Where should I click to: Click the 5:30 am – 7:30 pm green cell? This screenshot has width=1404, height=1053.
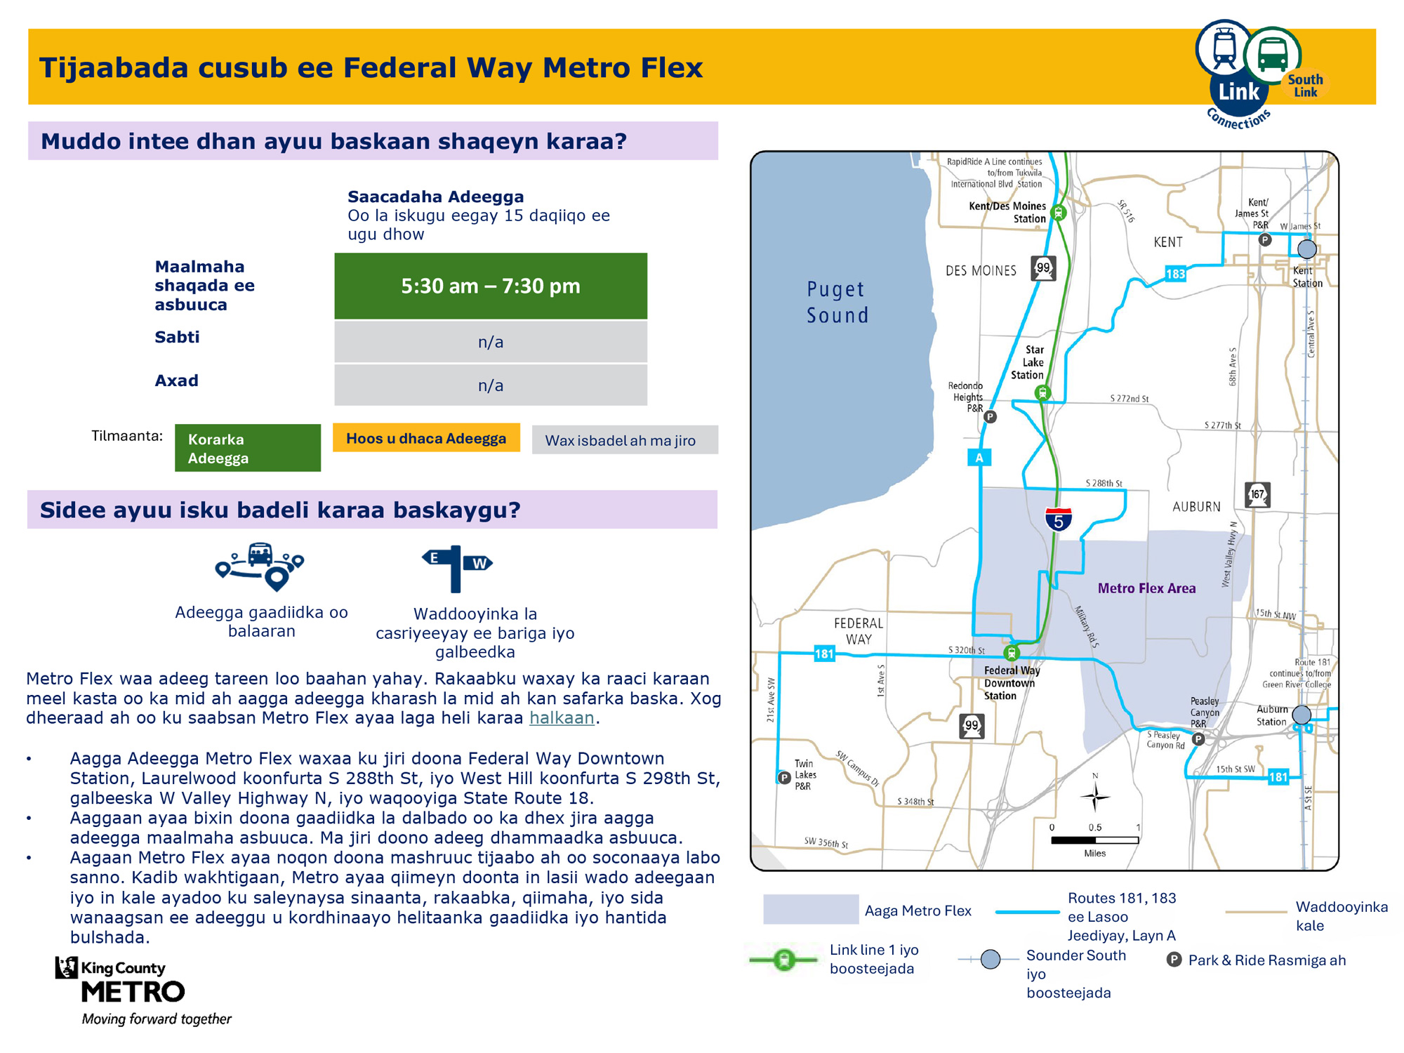[x=490, y=286]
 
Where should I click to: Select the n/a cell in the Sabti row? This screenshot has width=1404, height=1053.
[x=490, y=342]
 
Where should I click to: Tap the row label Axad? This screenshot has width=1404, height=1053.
[x=176, y=380]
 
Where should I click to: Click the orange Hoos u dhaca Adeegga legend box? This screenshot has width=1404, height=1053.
[x=426, y=438]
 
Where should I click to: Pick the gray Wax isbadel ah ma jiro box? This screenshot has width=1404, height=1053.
[x=624, y=440]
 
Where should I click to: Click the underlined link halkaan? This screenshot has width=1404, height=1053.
[x=562, y=717]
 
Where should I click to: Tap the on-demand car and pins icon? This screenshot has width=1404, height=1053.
[x=260, y=566]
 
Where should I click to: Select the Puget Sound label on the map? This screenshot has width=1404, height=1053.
[x=837, y=302]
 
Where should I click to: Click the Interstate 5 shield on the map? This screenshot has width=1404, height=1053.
[x=1058, y=519]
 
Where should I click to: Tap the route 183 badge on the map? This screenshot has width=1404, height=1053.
[x=1175, y=274]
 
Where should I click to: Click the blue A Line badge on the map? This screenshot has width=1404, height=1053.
[x=979, y=458]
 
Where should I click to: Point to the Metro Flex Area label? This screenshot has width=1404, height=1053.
[x=1146, y=588]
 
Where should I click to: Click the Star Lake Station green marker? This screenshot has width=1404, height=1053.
[x=1043, y=393]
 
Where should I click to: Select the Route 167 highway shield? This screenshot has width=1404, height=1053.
[x=1257, y=495]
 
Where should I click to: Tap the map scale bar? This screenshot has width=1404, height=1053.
[x=1094, y=840]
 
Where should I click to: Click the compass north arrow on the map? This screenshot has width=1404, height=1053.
[x=1094, y=795]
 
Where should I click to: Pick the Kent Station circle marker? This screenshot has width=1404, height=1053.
[x=1306, y=249]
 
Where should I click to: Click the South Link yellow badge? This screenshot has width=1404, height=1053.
[x=1305, y=86]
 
